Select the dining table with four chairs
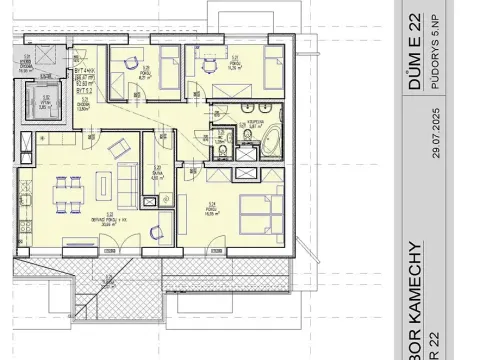tap(67, 193)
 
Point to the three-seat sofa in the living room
tap(127, 184)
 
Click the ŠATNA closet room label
tap(157, 174)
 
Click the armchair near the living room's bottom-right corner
tap(154, 233)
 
